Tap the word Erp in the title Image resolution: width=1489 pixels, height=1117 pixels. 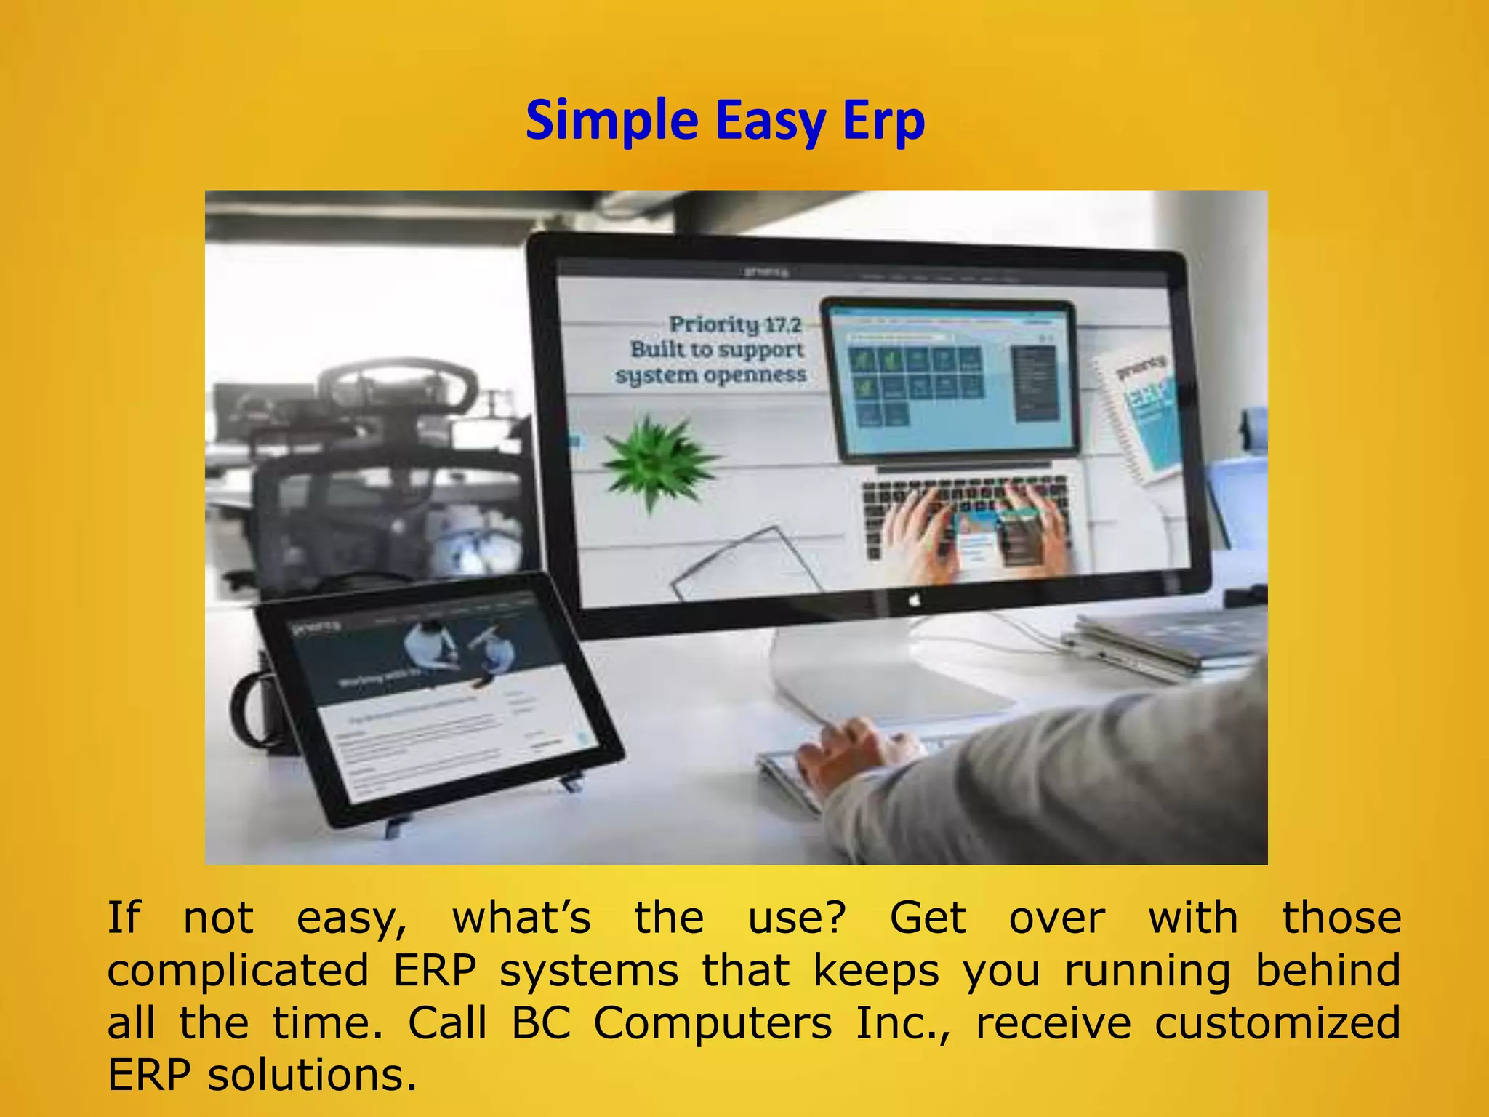(x=883, y=121)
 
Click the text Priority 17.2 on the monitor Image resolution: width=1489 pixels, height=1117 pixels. (x=734, y=324)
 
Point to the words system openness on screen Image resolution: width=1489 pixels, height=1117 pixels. (x=710, y=375)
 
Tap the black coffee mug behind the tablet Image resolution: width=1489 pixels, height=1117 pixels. (x=259, y=709)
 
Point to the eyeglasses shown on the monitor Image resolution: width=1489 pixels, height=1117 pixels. (x=742, y=564)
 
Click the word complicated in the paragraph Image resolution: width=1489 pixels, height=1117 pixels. (x=238, y=971)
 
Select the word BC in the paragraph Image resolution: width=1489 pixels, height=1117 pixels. (x=540, y=1023)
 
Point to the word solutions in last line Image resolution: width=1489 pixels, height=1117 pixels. (x=313, y=1075)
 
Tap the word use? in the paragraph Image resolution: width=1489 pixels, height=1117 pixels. (x=797, y=918)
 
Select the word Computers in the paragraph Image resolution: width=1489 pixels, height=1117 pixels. (x=713, y=1023)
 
